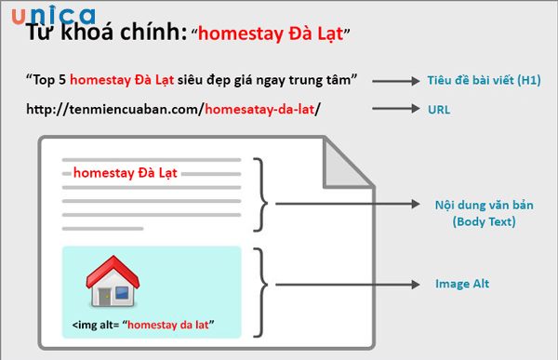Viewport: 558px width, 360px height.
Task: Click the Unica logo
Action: (52, 16)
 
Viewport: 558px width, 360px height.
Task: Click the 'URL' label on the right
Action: (438, 109)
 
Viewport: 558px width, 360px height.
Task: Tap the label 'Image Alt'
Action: (461, 283)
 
